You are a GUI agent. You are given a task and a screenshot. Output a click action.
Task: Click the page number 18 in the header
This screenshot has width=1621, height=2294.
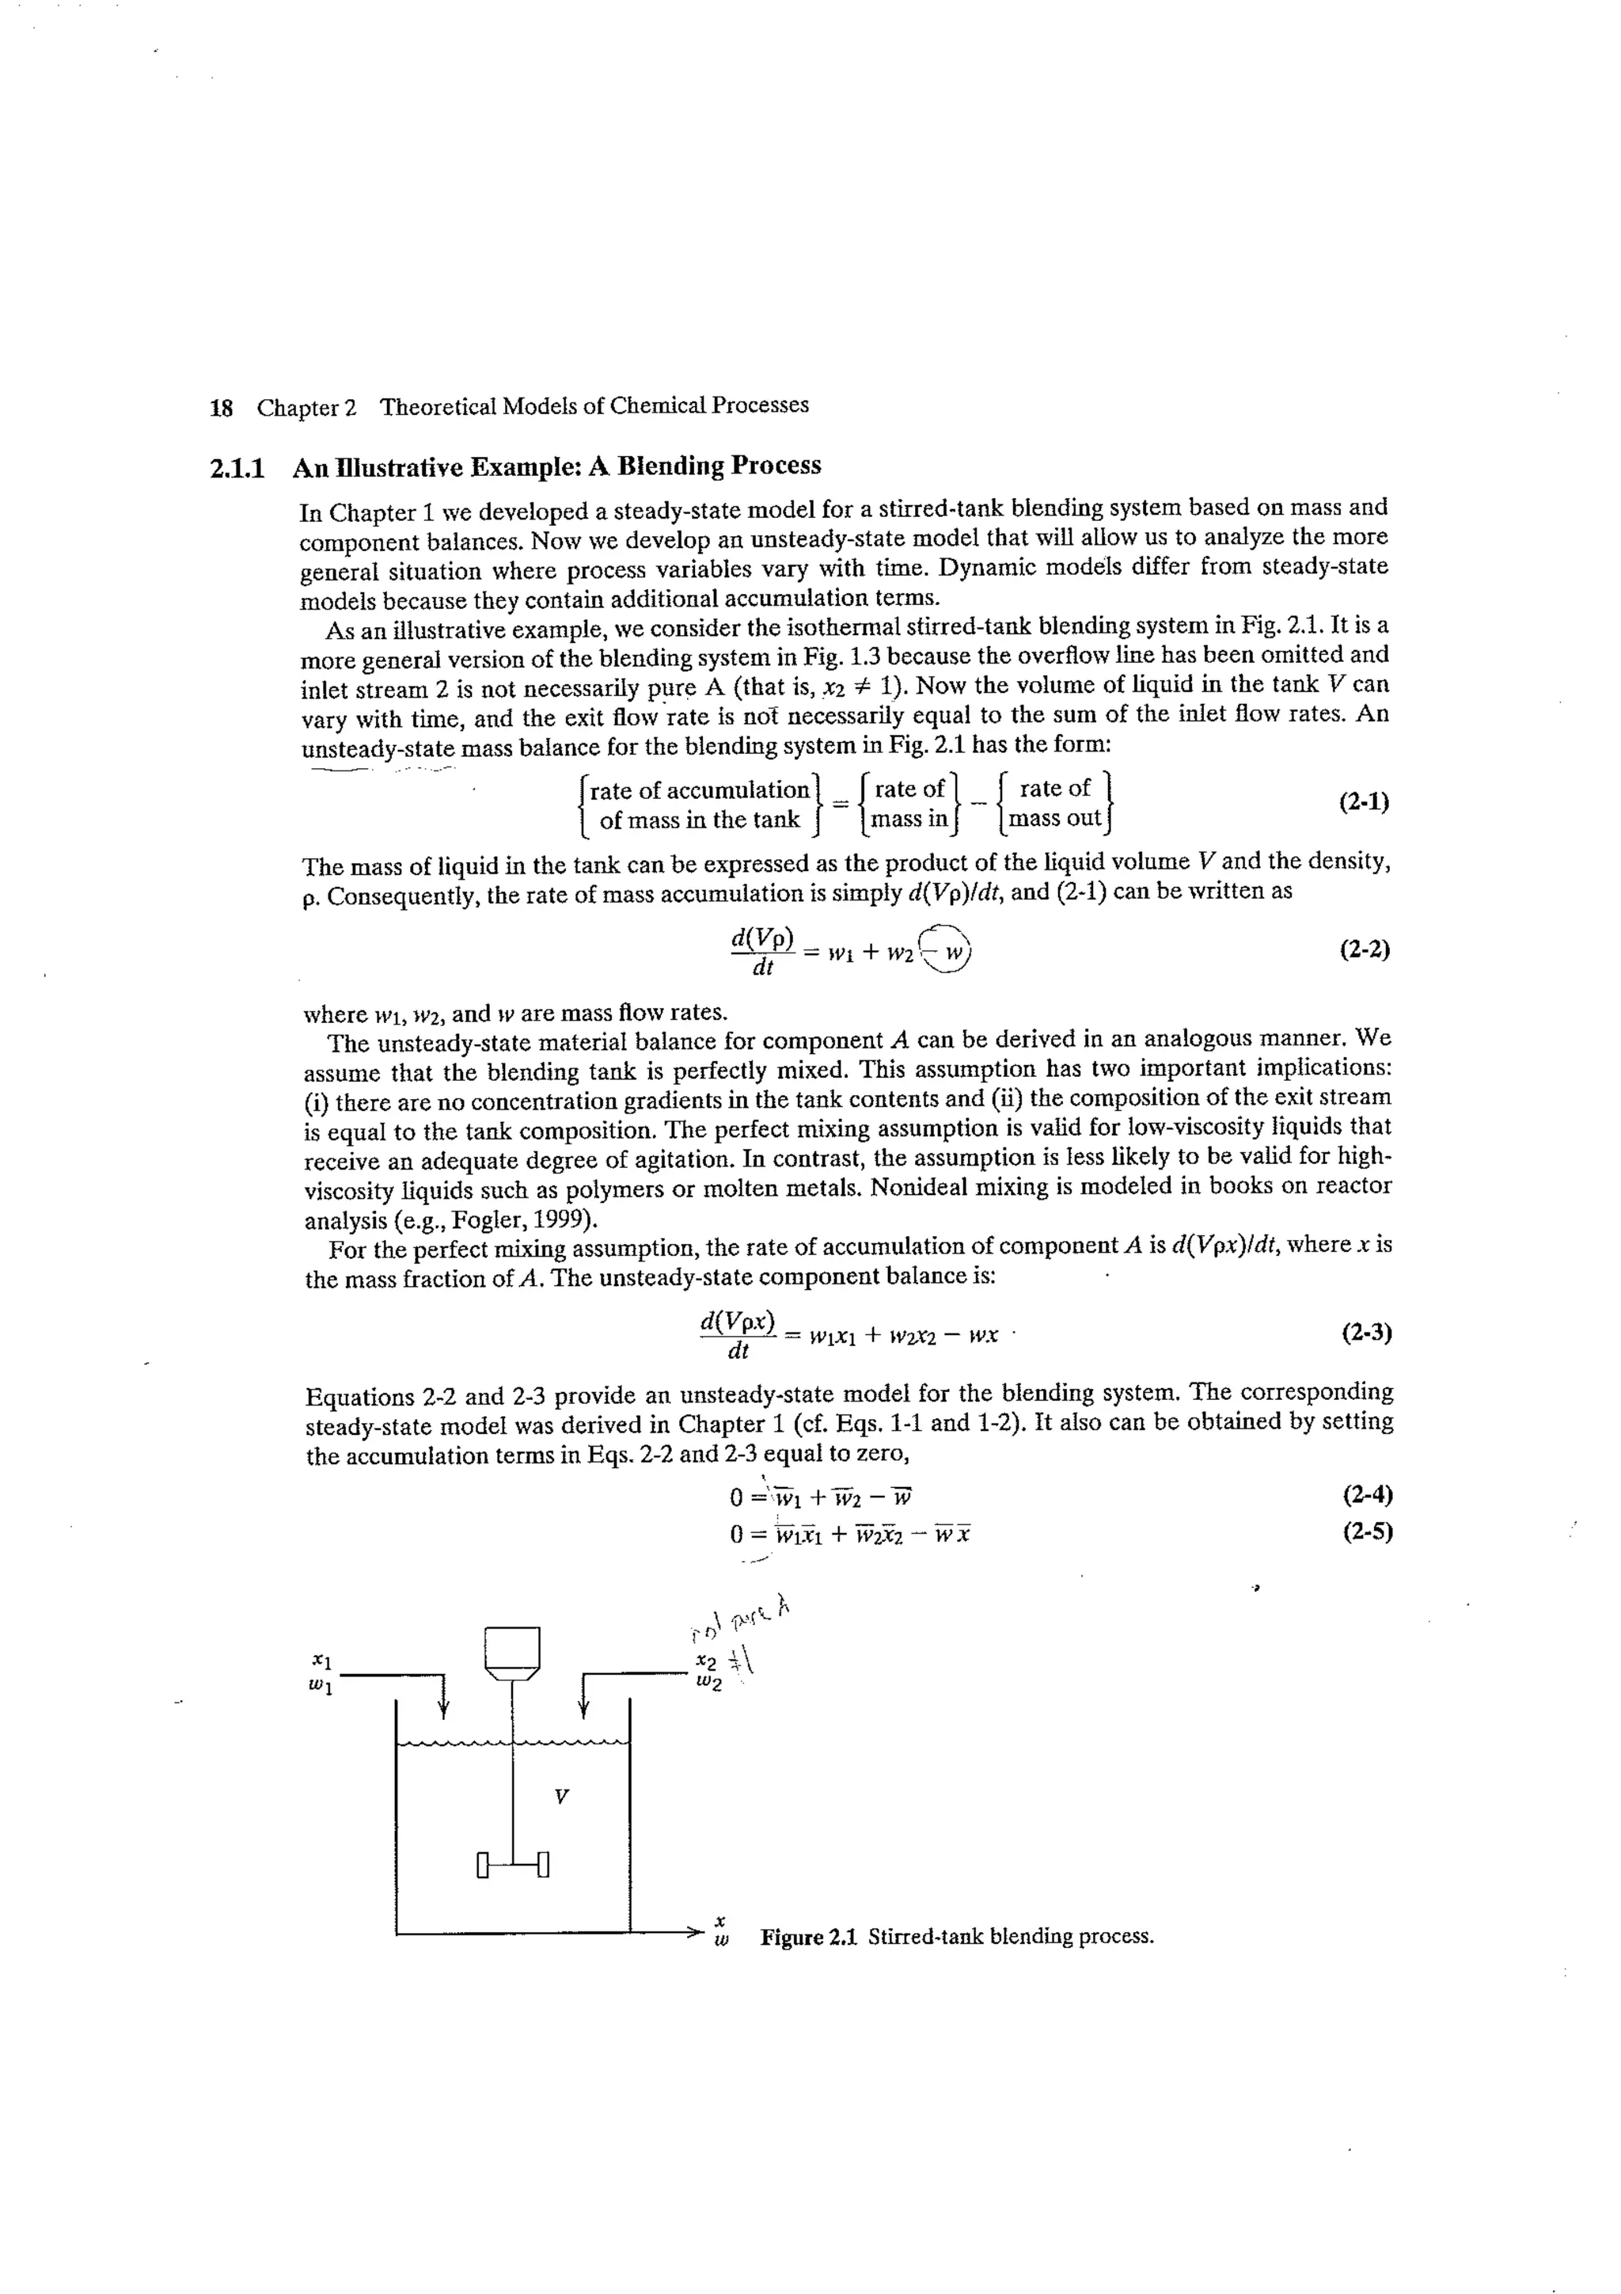pyautogui.click(x=221, y=408)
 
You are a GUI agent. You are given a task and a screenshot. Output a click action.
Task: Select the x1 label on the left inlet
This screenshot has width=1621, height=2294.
pyautogui.click(x=320, y=1660)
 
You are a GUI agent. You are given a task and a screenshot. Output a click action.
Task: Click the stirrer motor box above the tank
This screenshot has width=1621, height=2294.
pyautogui.click(x=511, y=1649)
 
